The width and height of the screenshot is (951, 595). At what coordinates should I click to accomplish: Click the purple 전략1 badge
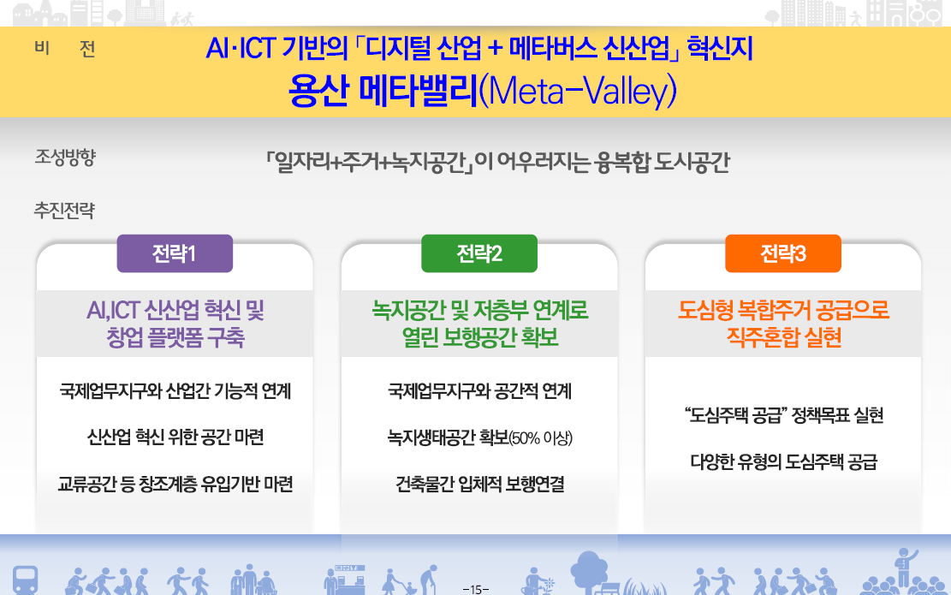point(175,253)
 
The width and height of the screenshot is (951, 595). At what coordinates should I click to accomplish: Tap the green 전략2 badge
point(479,253)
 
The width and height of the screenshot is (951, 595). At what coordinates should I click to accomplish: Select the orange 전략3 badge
point(783,253)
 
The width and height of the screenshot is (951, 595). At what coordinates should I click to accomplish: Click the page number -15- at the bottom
point(475,588)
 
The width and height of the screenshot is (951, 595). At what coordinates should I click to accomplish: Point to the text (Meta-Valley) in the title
point(578,92)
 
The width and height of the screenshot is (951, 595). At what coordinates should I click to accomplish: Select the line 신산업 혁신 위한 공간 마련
point(175,437)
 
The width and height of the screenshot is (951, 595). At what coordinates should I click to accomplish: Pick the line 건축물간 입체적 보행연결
point(479,485)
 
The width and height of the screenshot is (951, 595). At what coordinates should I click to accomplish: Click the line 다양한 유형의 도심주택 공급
point(783,462)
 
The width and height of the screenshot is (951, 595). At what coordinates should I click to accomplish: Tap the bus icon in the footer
point(25,578)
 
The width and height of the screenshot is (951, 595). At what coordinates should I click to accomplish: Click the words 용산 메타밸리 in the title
point(383,92)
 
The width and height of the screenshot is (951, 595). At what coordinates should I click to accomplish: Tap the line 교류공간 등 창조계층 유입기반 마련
point(175,485)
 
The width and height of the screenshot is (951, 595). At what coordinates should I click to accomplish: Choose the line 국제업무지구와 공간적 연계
point(479,391)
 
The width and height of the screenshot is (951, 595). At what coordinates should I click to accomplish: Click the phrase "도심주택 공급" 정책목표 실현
point(783,416)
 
